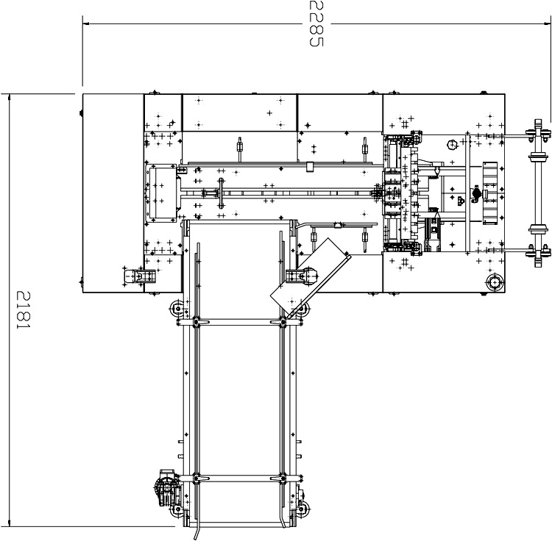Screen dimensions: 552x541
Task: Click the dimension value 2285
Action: tap(316, 24)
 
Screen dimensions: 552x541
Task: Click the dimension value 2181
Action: tap(24, 309)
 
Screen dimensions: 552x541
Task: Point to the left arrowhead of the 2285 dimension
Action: tap(85, 24)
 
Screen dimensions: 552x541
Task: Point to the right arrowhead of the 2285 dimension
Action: tap(548, 24)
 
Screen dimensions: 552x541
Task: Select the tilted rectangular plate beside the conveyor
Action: tap(311, 278)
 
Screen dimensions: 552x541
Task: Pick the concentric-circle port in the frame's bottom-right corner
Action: tap(495, 282)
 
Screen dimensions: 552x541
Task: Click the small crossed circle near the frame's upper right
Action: tap(451, 144)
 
